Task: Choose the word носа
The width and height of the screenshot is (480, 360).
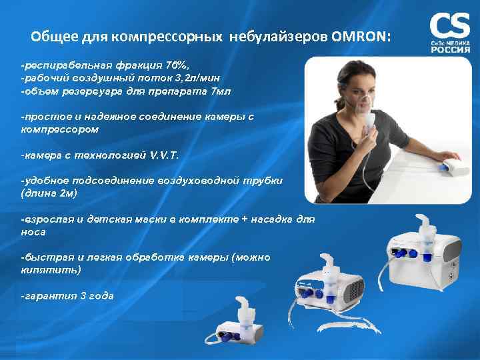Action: point(33,231)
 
